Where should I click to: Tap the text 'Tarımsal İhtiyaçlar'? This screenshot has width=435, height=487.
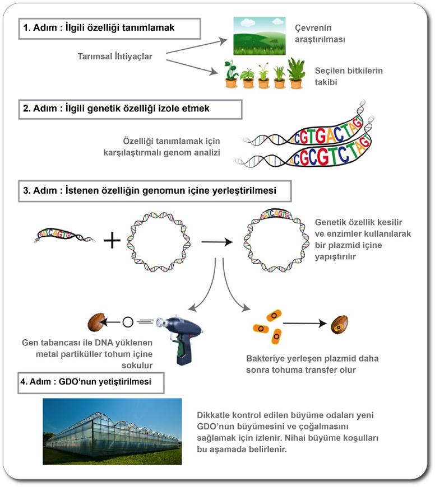point(115,56)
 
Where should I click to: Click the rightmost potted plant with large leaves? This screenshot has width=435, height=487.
point(295,73)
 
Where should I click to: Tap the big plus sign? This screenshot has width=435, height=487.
point(112,241)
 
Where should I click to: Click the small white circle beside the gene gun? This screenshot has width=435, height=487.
point(127,322)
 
